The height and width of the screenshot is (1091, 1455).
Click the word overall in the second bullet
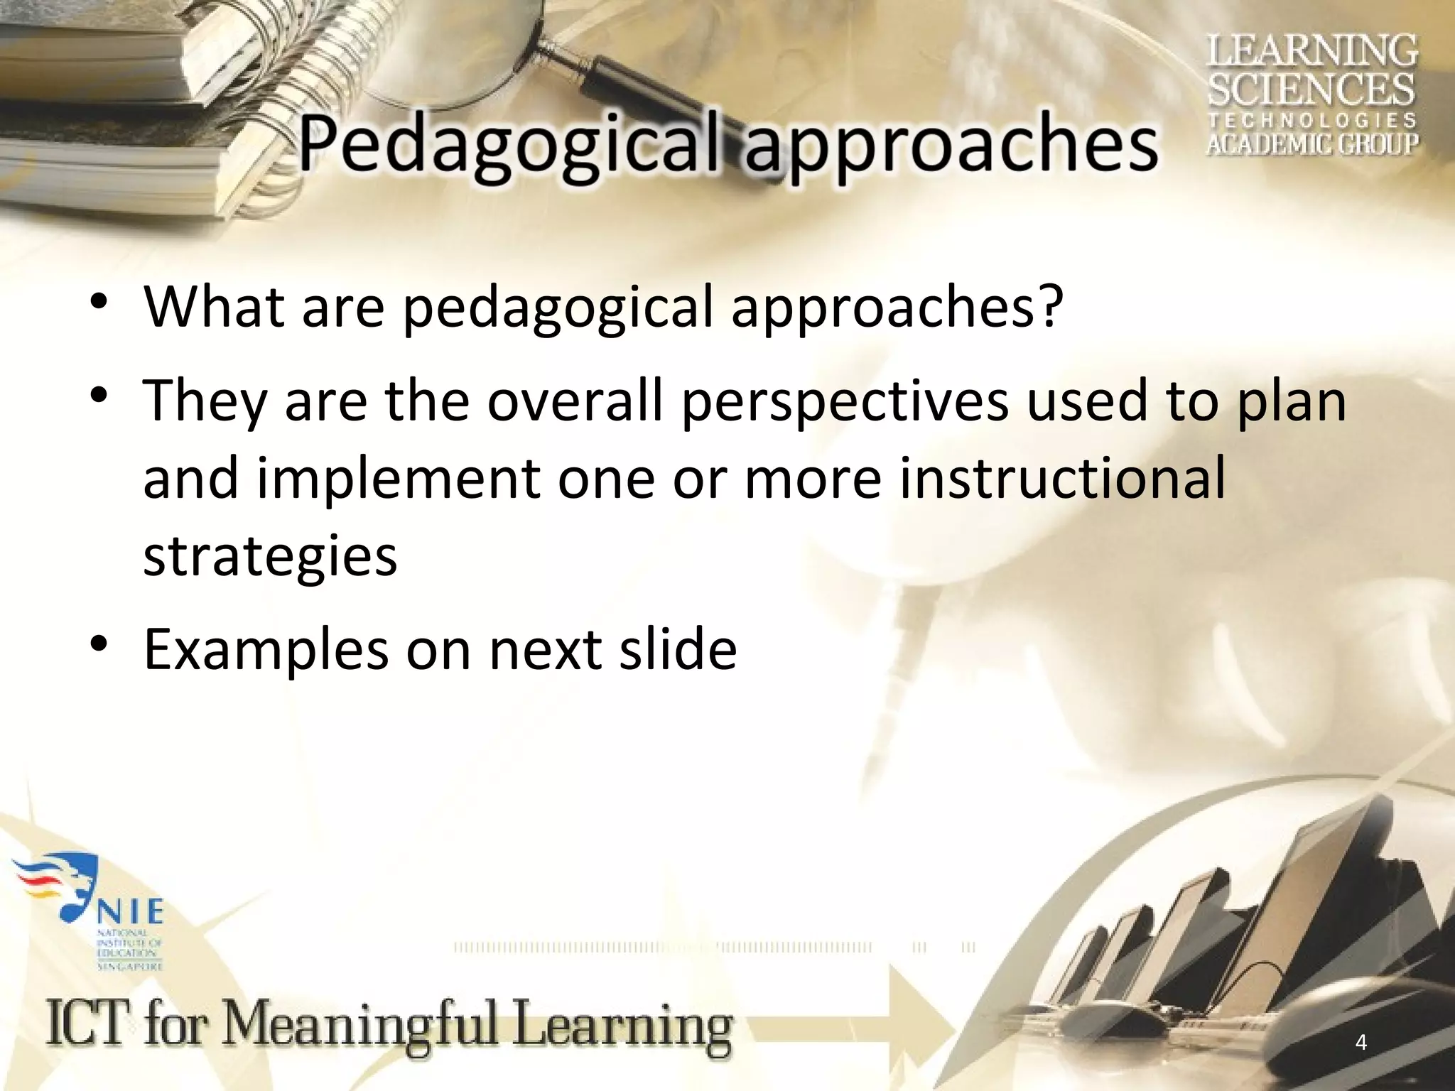(x=575, y=399)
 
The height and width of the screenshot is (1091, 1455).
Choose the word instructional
(x=1062, y=477)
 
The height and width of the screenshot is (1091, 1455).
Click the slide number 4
(x=1361, y=1043)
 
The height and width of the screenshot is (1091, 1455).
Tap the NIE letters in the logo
(x=129, y=911)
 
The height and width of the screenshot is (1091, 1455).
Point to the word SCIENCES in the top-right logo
(x=1311, y=90)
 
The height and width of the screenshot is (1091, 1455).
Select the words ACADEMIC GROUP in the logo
(x=1311, y=144)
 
